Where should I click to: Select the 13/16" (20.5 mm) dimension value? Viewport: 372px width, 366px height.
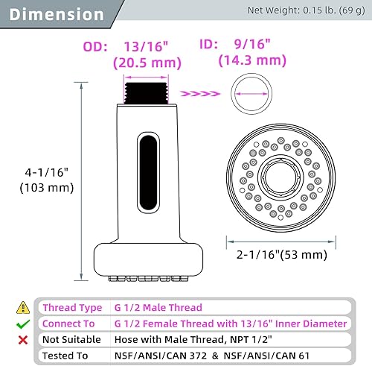(151, 54)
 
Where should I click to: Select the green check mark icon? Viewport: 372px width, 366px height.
(24, 324)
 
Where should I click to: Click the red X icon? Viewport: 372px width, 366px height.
(24, 339)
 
